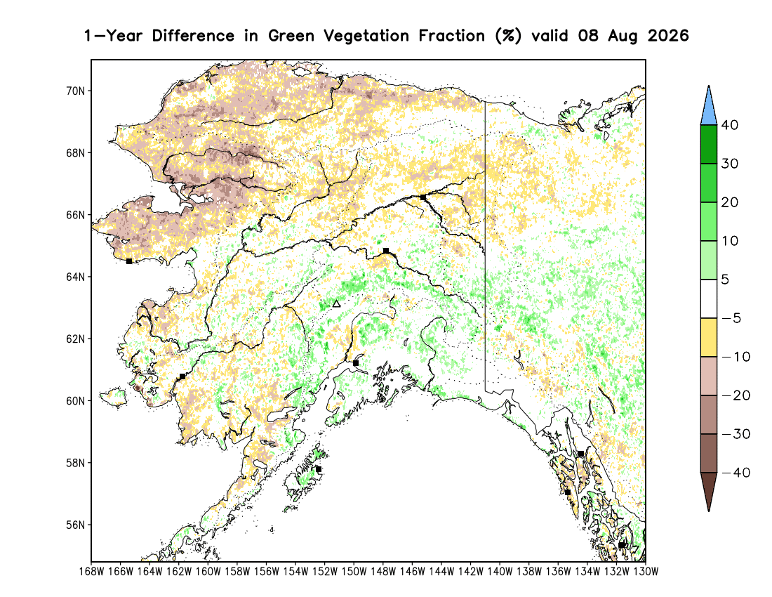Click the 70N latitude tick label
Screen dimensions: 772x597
point(75,91)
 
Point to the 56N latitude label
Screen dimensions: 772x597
point(75,525)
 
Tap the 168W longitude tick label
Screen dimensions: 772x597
point(91,572)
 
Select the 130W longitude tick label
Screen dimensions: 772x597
point(646,572)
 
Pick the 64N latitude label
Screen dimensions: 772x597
point(75,277)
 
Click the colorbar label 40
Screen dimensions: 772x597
point(730,125)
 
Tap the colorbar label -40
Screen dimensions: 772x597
point(736,473)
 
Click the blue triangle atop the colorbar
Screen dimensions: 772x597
point(709,106)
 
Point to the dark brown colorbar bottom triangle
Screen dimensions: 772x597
point(709,491)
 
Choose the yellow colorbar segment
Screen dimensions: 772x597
point(709,337)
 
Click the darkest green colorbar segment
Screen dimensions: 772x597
point(709,144)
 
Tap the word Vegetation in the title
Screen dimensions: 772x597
point(366,36)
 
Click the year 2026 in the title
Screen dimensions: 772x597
point(667,35)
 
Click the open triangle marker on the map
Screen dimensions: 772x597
point(336,303)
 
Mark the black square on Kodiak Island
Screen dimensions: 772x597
point(319,469)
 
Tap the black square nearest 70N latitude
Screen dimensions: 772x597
point(423,197)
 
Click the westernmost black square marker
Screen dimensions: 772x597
point(129,261)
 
